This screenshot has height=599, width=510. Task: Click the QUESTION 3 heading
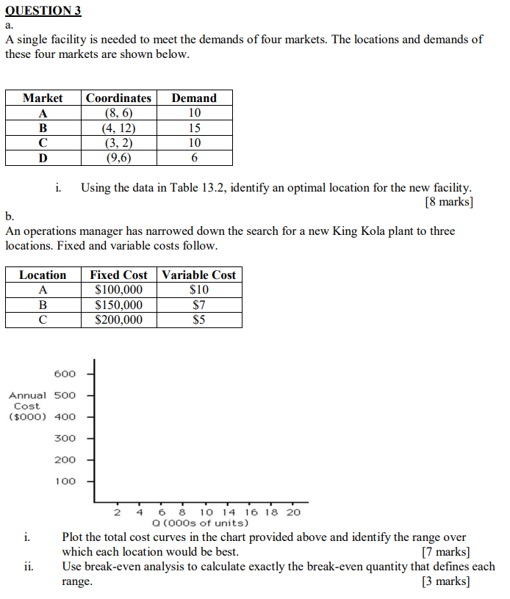pyautogui.click(x=43, y=11)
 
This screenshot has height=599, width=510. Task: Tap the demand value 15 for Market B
pyautogui.click(x=194, y=128)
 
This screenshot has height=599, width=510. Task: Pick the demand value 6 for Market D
pyautogui.click(x=194, y=158)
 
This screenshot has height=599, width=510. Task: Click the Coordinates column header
pyautogui.click(x=118, y=98)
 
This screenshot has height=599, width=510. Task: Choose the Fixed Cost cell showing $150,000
pyautogui.click(x=119, y=305)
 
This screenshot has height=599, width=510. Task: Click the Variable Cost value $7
pyautogui.click(x=198, y=305)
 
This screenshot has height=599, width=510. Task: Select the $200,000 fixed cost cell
pyautogui.click(x=119, y=320)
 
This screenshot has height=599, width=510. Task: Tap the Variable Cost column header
pyautogui.click(x=198, y=275)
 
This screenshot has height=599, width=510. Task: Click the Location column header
pyautogui.click(x=43, y=275)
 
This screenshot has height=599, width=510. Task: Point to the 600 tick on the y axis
pyautogui.click(x=65, y=373)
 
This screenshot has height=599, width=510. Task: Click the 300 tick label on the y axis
pyautogui.click(x=65, y=438)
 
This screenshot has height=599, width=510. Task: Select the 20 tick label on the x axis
pyautogui.click(x=293, y=512)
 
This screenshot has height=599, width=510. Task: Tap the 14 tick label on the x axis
pyautogui.click(x=229, y=512)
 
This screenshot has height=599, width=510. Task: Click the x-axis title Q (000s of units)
pyautogui.click(x=200, y=523)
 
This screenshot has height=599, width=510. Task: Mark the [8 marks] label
pyautogui.click(x=449, y=202)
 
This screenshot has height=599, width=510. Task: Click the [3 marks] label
pyautogui.click(x=446, y=581)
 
